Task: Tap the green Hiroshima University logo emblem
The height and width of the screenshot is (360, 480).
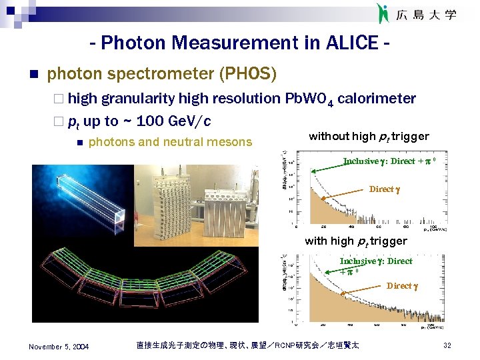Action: (383, 13)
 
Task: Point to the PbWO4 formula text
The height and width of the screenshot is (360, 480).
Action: (309, 99)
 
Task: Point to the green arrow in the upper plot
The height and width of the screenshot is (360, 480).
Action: (327, 167)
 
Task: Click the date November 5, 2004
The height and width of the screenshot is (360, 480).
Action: (59, 346)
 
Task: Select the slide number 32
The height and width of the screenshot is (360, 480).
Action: (448, 345)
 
